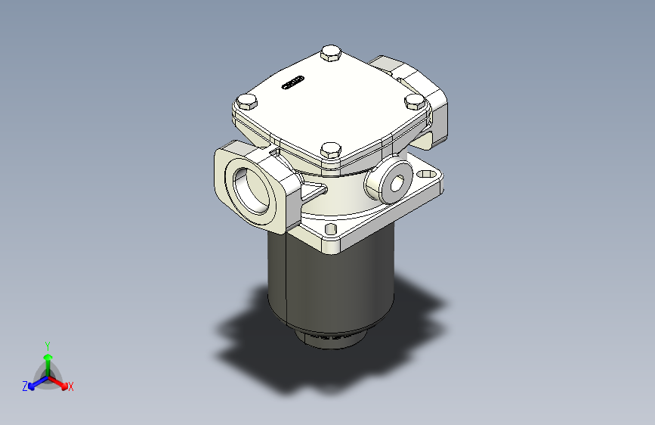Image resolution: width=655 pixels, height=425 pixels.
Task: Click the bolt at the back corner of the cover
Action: tap(330, 53)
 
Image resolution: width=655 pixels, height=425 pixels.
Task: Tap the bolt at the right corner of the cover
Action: tap(414, 101)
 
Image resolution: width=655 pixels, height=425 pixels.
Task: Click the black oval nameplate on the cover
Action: tap(292, 82)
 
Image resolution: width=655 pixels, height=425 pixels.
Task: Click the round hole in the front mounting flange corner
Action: tap(329, 228)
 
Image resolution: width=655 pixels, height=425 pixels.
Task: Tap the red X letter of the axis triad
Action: tap(71, 386)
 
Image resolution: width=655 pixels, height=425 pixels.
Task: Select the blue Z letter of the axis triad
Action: tap(25, 386)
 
